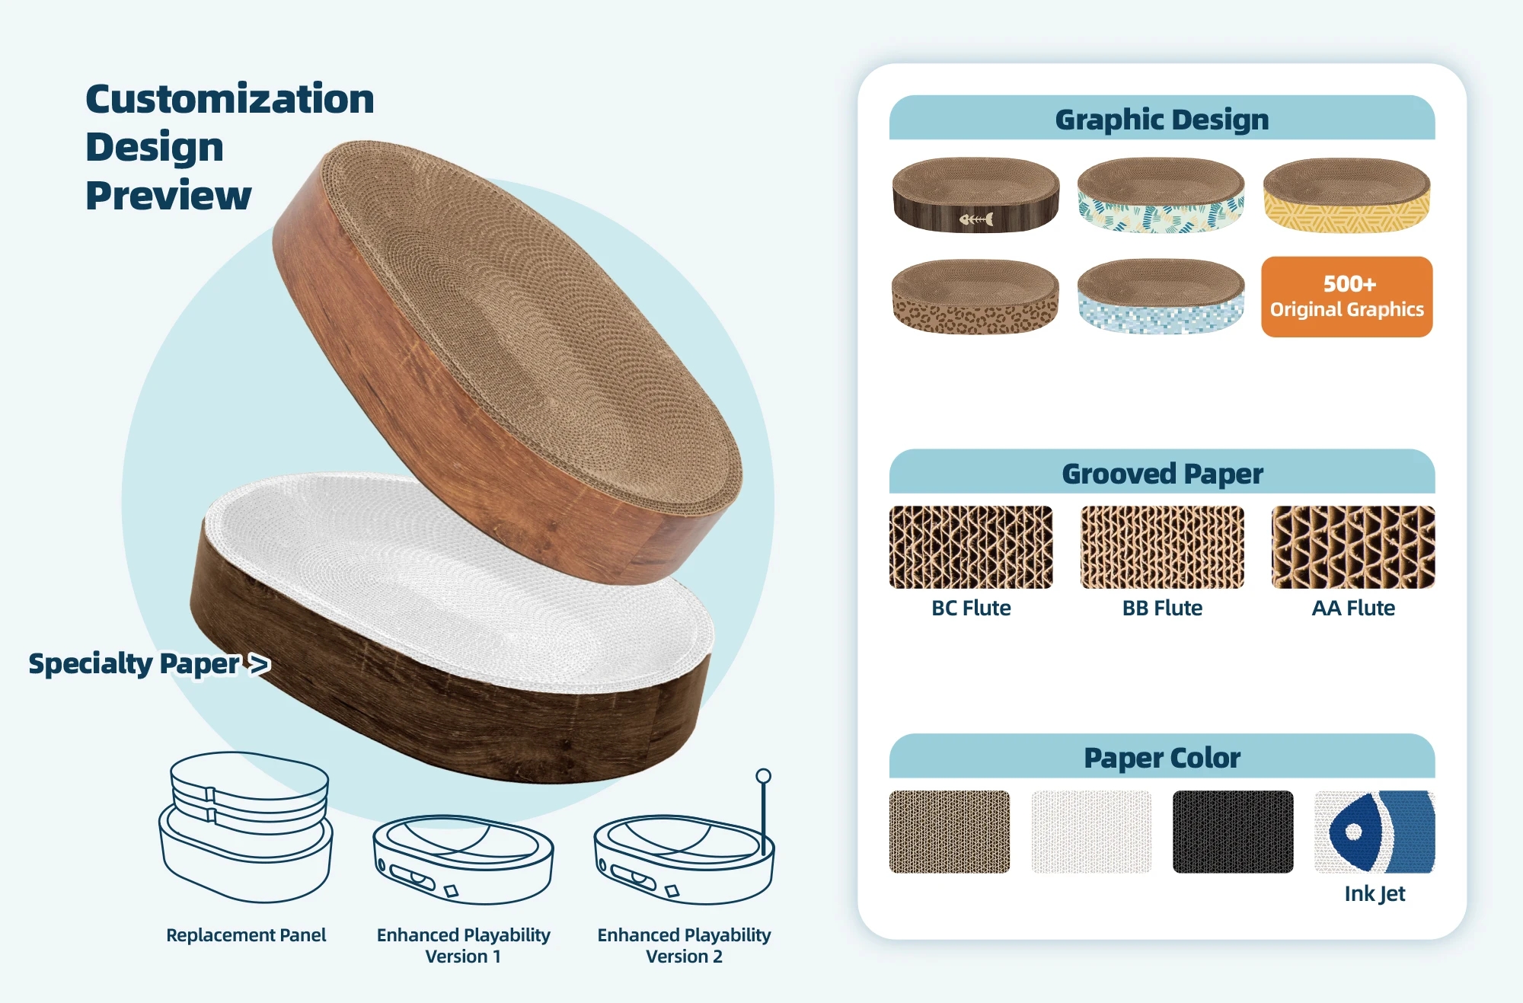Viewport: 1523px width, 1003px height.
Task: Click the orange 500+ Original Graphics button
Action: point(1346,296)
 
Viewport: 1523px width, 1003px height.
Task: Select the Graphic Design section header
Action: point(1162,118)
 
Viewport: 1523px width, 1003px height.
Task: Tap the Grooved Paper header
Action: point(1162,472)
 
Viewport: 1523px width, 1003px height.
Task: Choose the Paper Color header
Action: point(1162,756)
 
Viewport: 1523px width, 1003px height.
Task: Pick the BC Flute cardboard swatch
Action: point(971,547)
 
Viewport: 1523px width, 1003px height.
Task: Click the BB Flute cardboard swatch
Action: point(1162,547)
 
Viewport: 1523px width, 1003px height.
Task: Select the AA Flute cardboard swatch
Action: point(1353,547)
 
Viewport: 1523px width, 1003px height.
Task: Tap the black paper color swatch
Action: point(1233,832)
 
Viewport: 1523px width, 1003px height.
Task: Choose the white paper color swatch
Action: point(1091,832)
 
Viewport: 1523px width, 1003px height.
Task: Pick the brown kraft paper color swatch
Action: point(950,832)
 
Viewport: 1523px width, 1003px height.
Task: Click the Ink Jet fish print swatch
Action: point(1375,832)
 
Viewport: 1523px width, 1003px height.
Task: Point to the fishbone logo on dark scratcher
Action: point(976,219)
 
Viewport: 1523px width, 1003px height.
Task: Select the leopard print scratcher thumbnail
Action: point(975,296)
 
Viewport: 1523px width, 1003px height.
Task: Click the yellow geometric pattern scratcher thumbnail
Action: point(1346,194)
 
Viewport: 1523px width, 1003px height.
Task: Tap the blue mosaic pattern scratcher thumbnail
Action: point(1161,296)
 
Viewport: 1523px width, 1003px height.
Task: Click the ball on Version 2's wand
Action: point(763,776)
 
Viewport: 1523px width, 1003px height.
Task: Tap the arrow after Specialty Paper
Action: point(260,664)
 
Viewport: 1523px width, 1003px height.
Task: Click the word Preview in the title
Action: point(168,195)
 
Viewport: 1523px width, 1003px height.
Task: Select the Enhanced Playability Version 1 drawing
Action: point(463,860)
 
